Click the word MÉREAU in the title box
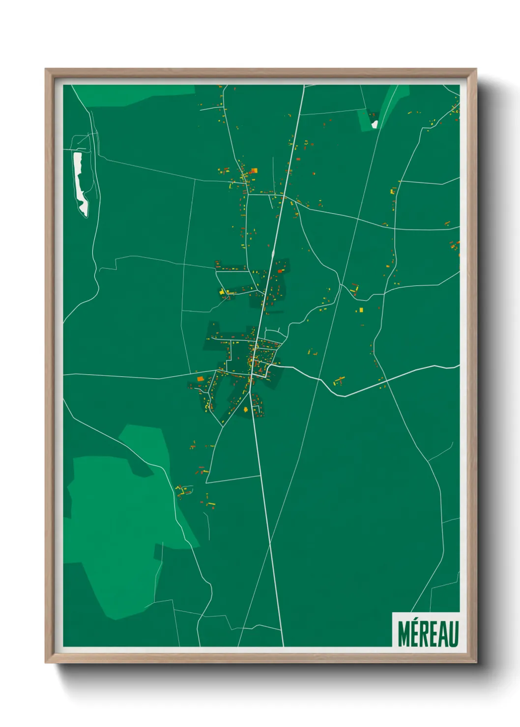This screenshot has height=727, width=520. [428, 634]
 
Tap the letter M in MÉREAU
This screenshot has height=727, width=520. [404, 635]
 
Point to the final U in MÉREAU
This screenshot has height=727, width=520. [454, 635]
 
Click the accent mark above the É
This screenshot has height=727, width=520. [416, 622]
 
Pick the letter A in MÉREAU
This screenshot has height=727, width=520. [443, 635]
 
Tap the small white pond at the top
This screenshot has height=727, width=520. [375, 124]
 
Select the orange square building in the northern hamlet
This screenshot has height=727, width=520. [254, 171]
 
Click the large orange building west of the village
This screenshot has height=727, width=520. [200, 379]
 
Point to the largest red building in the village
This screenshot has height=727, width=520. [280, 271]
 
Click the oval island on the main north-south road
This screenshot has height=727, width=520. [272, 254]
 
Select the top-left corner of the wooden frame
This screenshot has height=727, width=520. [47, 70]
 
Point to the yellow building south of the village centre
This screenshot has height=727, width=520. [245, 409]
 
